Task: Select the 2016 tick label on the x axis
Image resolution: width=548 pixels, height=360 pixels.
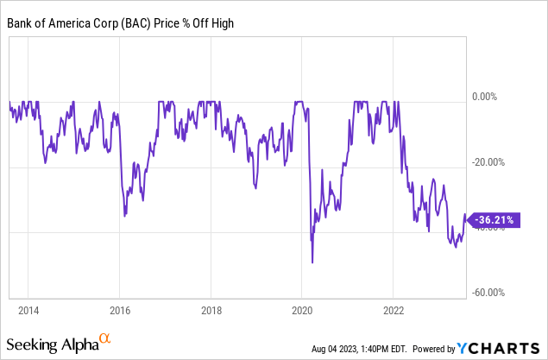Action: tap(119, 309)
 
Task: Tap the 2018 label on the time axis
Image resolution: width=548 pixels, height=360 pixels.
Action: tap(211, 309)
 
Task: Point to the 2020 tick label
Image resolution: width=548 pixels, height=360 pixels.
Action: tap(302, 309)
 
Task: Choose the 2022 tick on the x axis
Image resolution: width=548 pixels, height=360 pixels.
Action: tap(394, 309)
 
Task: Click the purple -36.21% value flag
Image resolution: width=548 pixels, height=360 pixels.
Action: tap(493, 220)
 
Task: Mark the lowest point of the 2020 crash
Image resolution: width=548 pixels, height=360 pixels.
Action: tap(312, 262)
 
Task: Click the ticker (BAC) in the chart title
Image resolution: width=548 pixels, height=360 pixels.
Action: tap(129, 22)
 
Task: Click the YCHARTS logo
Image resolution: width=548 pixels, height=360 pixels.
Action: tap(501, 348)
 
